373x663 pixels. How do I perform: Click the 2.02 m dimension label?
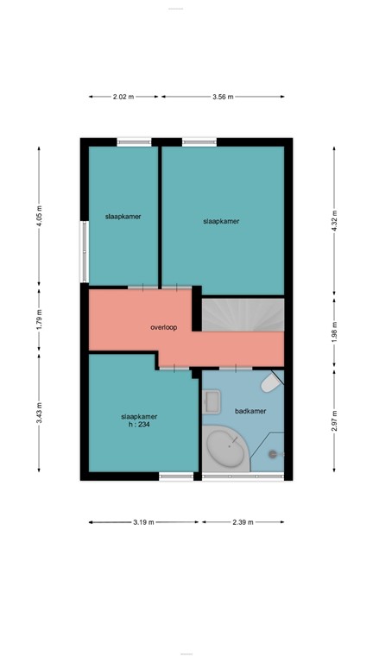[x=123, y=97]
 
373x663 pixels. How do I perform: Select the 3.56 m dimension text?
[x=223, y=97]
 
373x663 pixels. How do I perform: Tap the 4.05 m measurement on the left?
[x=39, y=215]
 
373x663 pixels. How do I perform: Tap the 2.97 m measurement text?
[x=335, y=420]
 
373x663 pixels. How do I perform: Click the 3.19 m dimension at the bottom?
[x=144, y=521]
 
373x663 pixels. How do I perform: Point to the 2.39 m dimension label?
[x=242, y=521]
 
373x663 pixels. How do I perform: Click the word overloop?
[x=163, y=328]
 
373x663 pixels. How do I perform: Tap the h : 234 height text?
[x=138, y=424]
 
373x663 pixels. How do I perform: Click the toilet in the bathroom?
[x=270, y=382]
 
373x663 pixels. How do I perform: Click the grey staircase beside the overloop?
[x=243, y=315]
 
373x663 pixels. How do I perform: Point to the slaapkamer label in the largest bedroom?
[x=220, y=221]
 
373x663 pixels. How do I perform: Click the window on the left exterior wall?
[x=84, y=251]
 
